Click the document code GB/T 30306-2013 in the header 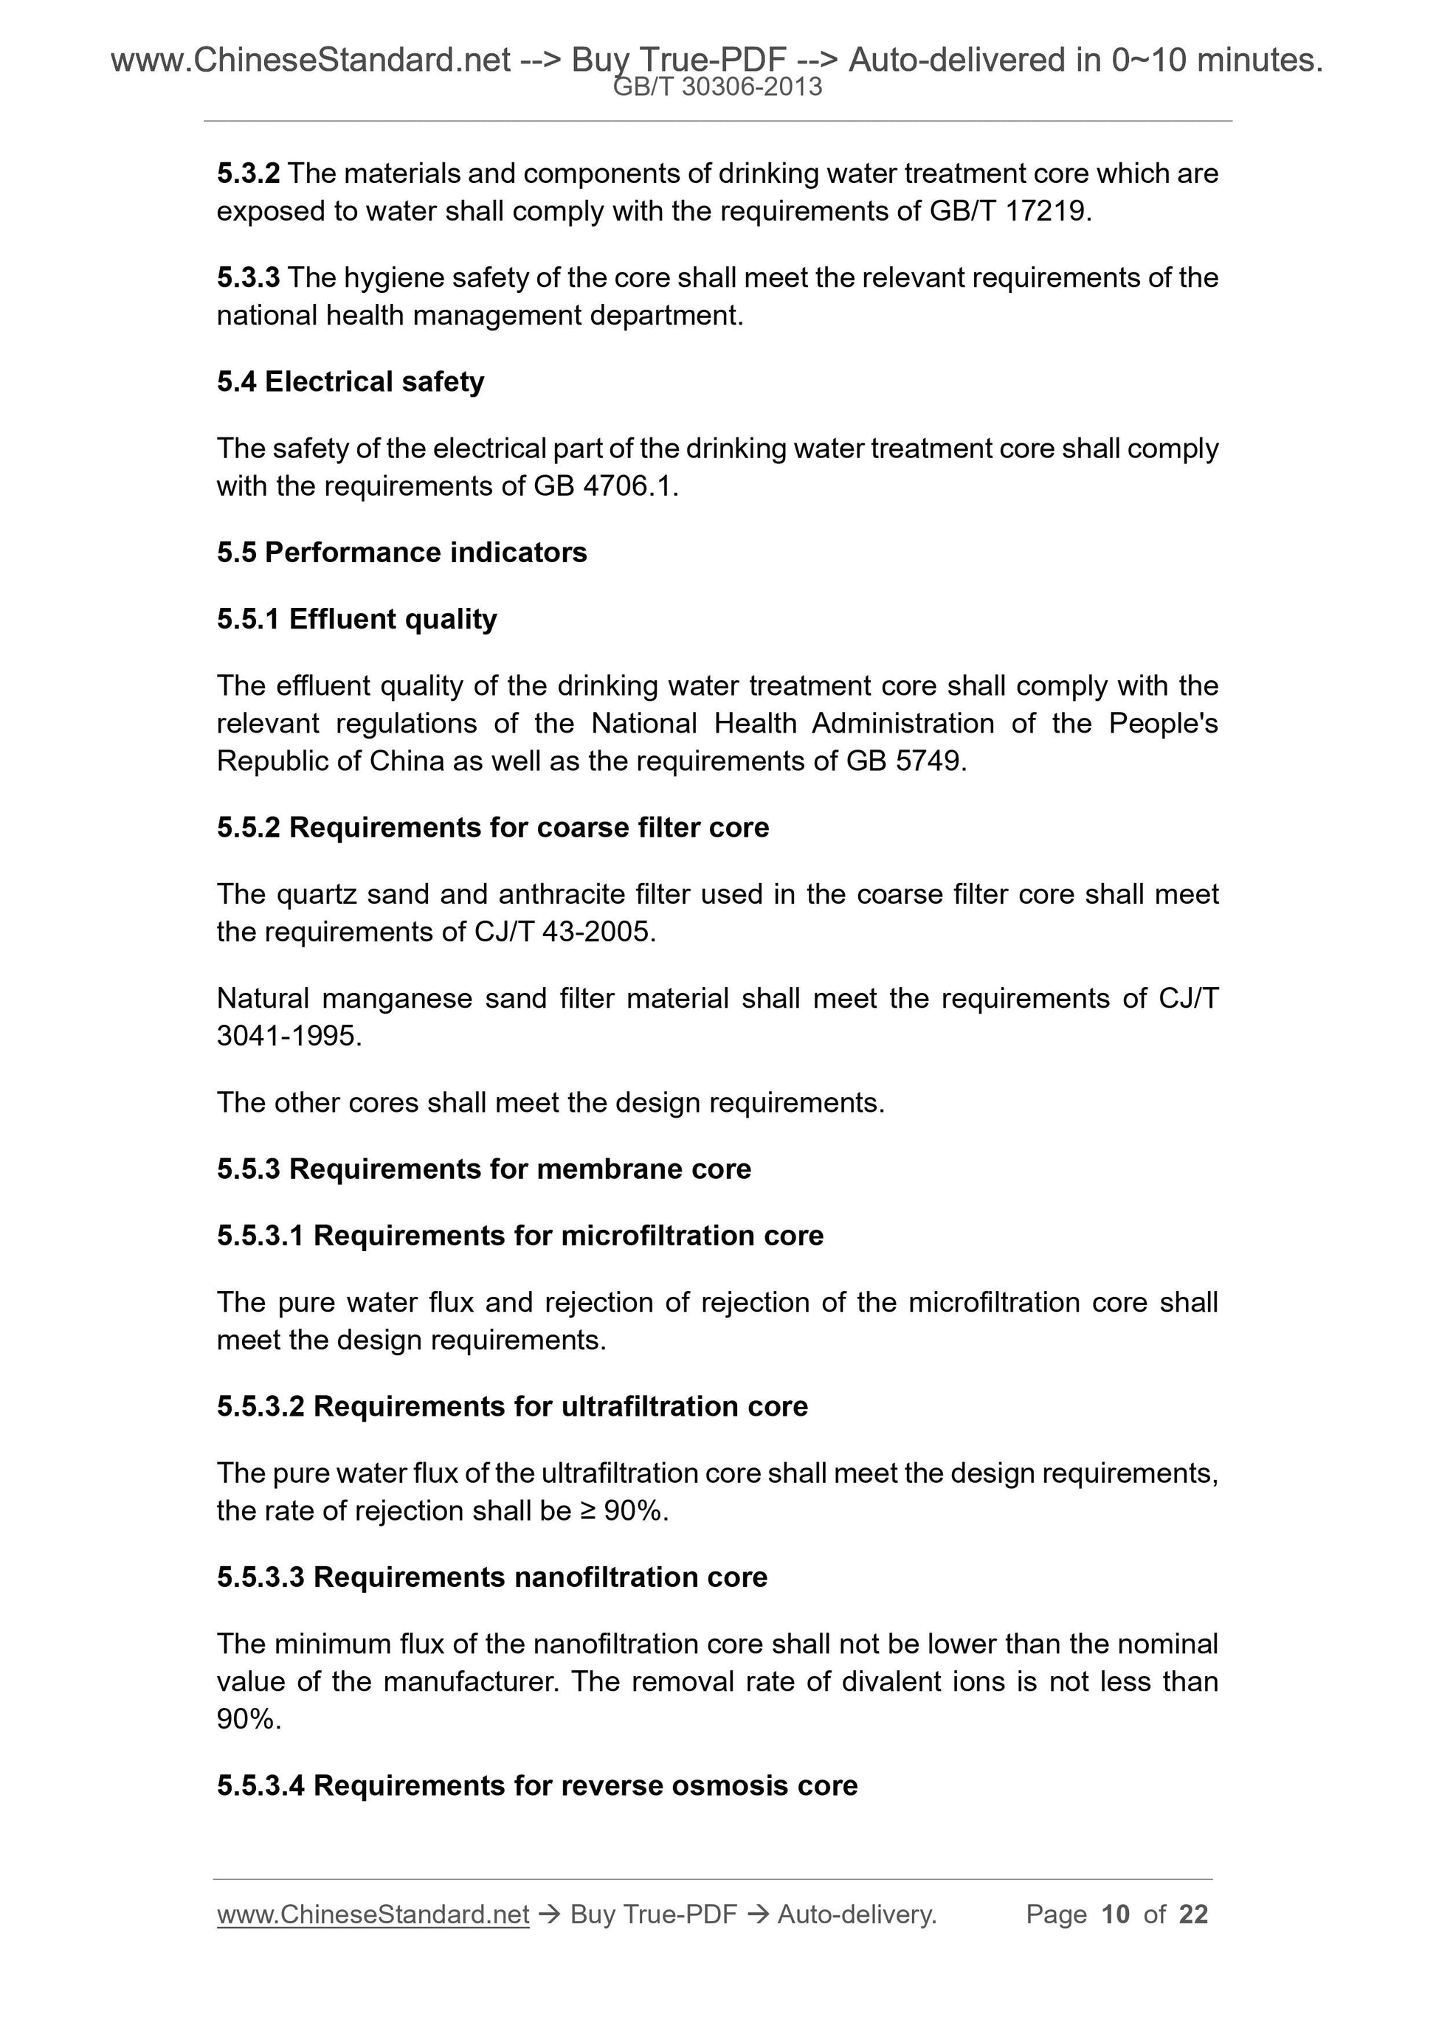point(717,87)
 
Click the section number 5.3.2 point(248,173)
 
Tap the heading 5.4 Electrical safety point(351,382)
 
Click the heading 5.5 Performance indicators point(401,553)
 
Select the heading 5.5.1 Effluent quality point(356,619)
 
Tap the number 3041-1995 point(288,1036)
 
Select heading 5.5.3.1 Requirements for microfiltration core point(520,1236)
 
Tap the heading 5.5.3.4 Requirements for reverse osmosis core point(537,1786)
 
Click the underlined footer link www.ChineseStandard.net point(373,1915)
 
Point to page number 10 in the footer point(1116,1915)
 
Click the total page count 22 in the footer point(1193,1915)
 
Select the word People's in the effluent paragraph point(1163,724)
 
